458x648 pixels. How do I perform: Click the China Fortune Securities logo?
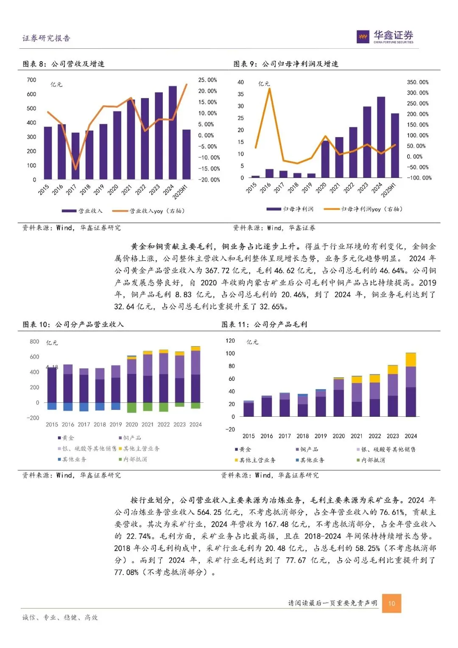tap(385, 37)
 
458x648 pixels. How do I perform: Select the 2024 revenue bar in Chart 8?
tap(173, 132)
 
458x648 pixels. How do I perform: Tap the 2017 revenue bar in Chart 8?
tap(75, 156)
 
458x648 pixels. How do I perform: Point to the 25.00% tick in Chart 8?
tap(207, 80)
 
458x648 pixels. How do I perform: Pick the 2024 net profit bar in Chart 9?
tap(381, 137)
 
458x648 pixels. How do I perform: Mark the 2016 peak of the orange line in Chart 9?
tap(269, 89)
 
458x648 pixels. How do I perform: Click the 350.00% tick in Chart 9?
tap(418, 82)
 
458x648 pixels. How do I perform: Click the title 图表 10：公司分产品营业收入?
tap(73, 325)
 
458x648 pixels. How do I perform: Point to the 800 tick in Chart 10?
tap(34, 342)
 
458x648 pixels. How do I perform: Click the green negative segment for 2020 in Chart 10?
tap(131, 407)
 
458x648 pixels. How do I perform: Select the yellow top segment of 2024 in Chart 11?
tap(411, 360)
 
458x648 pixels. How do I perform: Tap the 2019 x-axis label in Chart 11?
tap(321, 436)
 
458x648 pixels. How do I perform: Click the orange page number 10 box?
tap(391, 603)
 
